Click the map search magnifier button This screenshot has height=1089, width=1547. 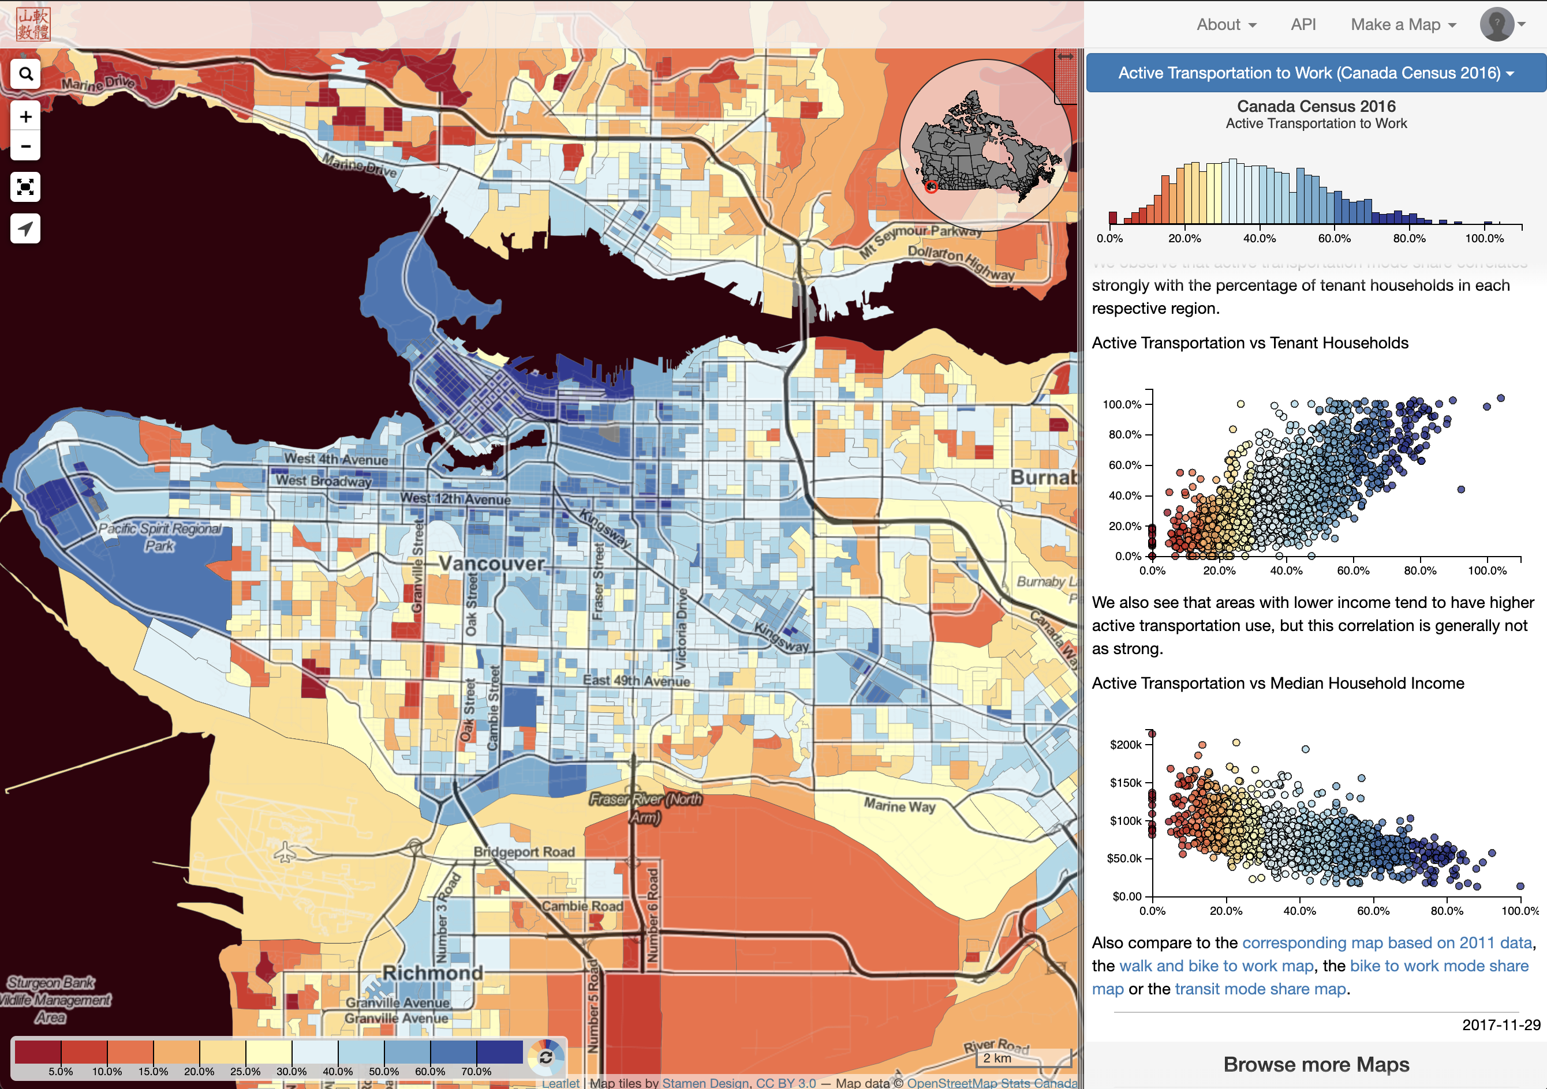[x=25, y=73]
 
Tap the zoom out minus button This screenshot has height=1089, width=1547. [x=25, y=146]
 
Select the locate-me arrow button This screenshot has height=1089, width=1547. [x=25, y=228]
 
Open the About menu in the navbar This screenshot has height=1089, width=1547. [x=1225, y=25]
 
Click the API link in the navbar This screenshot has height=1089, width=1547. [x=1303, y=25]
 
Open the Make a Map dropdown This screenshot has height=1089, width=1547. [x=1403, y=25]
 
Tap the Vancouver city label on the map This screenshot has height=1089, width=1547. [x=491, y=563]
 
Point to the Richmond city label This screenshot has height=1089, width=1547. [x=432, y=972]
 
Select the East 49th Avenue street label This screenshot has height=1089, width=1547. [x=636, y=680]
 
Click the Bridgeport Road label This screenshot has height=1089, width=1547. [x=524, y=852]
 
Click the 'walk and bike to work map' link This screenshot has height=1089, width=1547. [x=1216, y=966]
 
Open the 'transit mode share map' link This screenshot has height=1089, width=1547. [x=1260, y=989]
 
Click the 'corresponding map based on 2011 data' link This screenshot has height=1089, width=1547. [x=1387, y=943]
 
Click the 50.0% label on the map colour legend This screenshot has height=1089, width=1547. [x=383, y=1071]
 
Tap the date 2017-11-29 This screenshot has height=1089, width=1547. [x=1500, y=1024]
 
